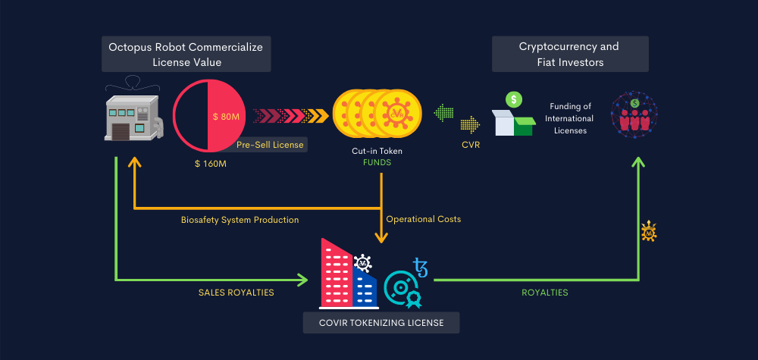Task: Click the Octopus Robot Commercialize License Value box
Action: (x=186, y=55)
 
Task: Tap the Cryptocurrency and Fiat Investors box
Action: (x=569, y=55)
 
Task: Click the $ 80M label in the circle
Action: (x=226, y=117)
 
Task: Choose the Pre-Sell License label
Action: (x=269, y=144)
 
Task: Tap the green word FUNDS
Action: (x=377, y=161)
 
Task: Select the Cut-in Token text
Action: (x=377, y=151)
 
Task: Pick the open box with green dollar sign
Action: (x=513, y=116)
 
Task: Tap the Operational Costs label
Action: (x=423, y=219)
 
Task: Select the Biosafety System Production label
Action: (x=240, y=220)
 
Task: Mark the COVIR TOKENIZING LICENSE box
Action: (x=380, y=323)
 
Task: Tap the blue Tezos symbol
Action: (x=420, y=268)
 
